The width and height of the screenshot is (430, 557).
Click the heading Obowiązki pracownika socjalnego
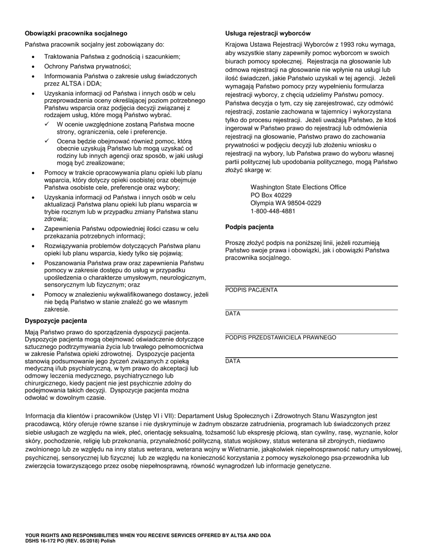[76, 33]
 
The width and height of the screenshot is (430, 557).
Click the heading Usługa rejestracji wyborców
[268, 33]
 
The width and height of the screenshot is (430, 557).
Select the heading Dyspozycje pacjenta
[56, 321]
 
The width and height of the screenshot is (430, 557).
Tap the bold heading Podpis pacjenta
[249, 227]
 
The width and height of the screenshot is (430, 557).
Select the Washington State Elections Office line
[298, 187]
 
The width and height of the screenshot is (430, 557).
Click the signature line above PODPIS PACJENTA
[311, 285]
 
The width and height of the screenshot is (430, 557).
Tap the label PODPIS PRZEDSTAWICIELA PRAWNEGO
[281, 337]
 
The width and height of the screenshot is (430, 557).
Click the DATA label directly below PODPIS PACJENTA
[233, 314]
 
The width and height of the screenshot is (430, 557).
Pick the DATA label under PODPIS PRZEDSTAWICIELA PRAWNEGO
[233, 361]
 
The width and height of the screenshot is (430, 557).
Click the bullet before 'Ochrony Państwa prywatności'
[33, 66]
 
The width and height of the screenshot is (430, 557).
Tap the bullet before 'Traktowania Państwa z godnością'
[33, 57]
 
